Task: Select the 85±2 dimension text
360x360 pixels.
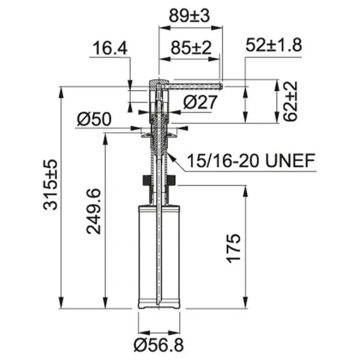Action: coord(190,48)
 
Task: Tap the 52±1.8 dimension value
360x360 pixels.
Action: coord(273,44)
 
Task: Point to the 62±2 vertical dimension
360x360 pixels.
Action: coord(290,102)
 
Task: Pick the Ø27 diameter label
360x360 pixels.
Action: coord(200,102)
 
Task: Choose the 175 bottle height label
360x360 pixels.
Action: coord(235,247)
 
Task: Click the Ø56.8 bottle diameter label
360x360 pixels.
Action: coord(158,344)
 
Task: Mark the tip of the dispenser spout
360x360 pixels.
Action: coord(222,86)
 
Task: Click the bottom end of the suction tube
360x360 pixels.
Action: coord(158,303)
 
